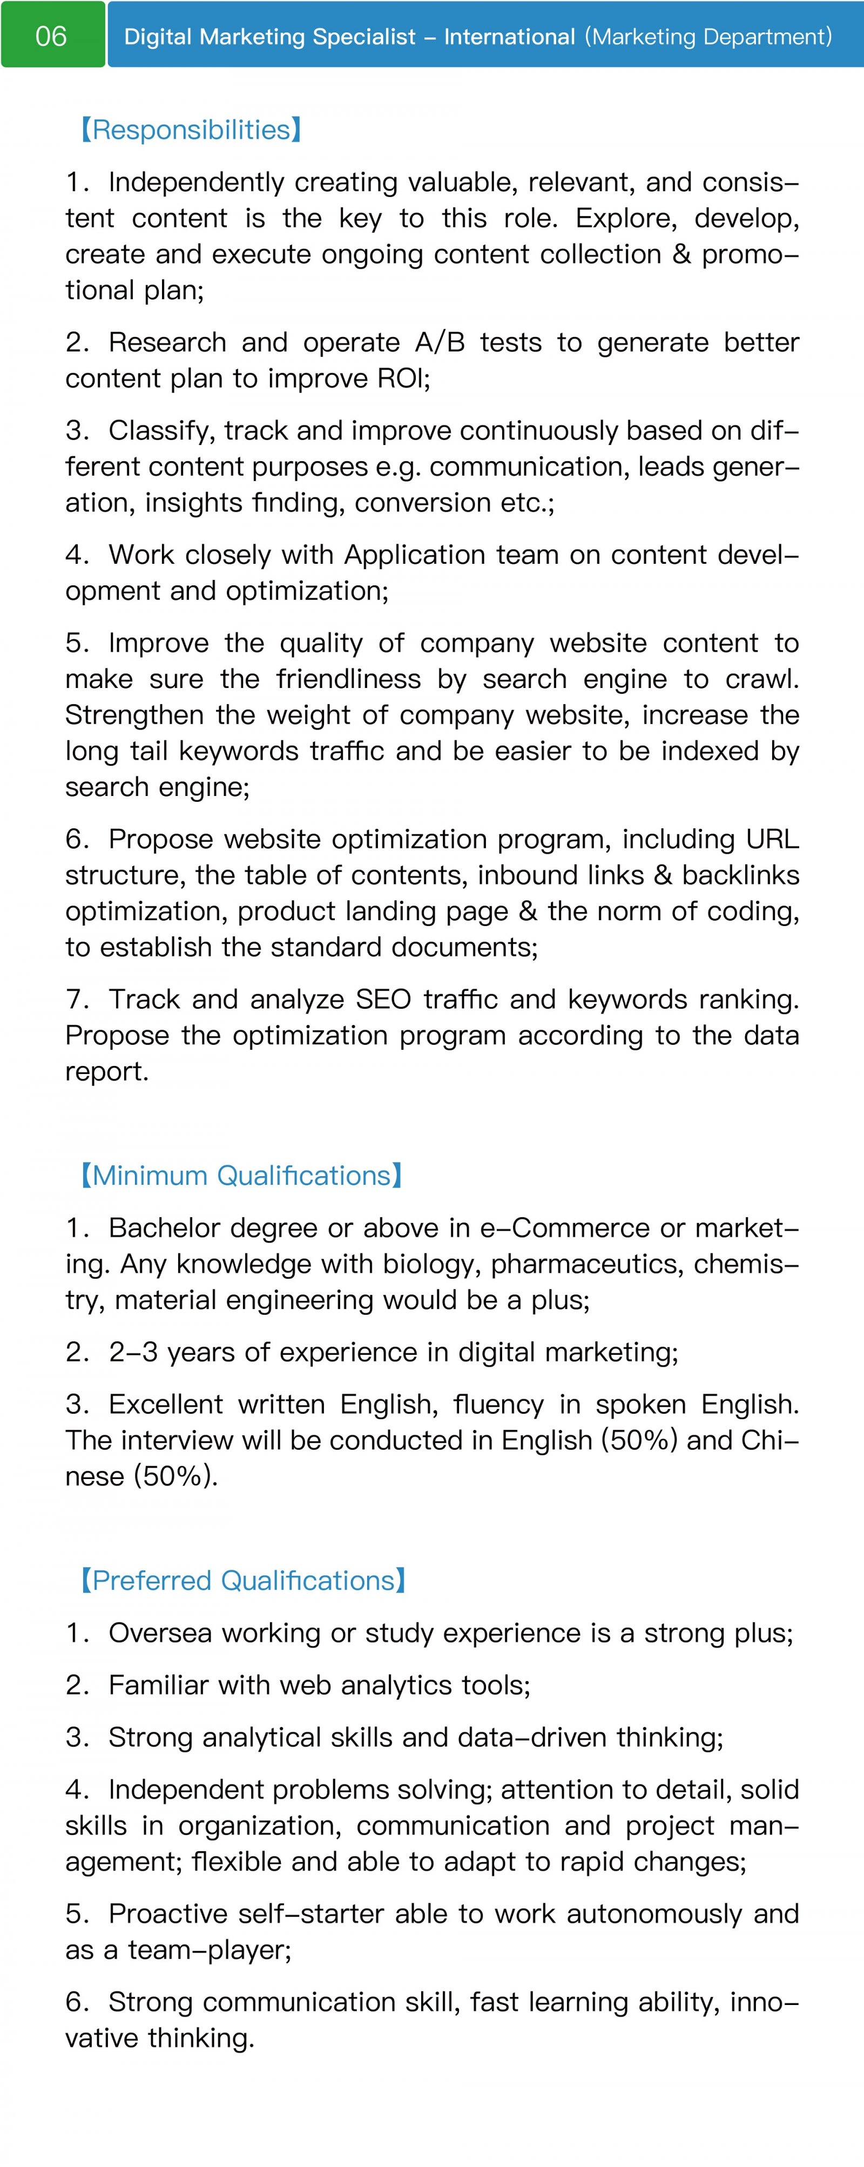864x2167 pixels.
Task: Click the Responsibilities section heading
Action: click(191, 130)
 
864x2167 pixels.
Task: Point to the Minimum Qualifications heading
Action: click(241, 1175)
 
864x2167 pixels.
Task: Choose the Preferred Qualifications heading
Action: click(243, 1581)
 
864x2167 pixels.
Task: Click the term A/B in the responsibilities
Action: click(439, 342)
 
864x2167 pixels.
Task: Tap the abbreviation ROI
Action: click(401, 379)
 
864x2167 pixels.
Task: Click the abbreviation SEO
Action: click(383, 1000)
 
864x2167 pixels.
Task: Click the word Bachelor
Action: click(163, 1228)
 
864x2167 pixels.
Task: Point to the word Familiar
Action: click(158, 1685)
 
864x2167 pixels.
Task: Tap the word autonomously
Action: click(654, 1914)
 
